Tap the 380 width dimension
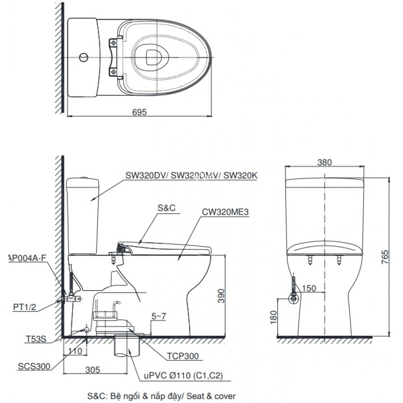324,162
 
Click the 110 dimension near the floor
74,351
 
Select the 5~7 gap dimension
159,317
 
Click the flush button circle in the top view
83,57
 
